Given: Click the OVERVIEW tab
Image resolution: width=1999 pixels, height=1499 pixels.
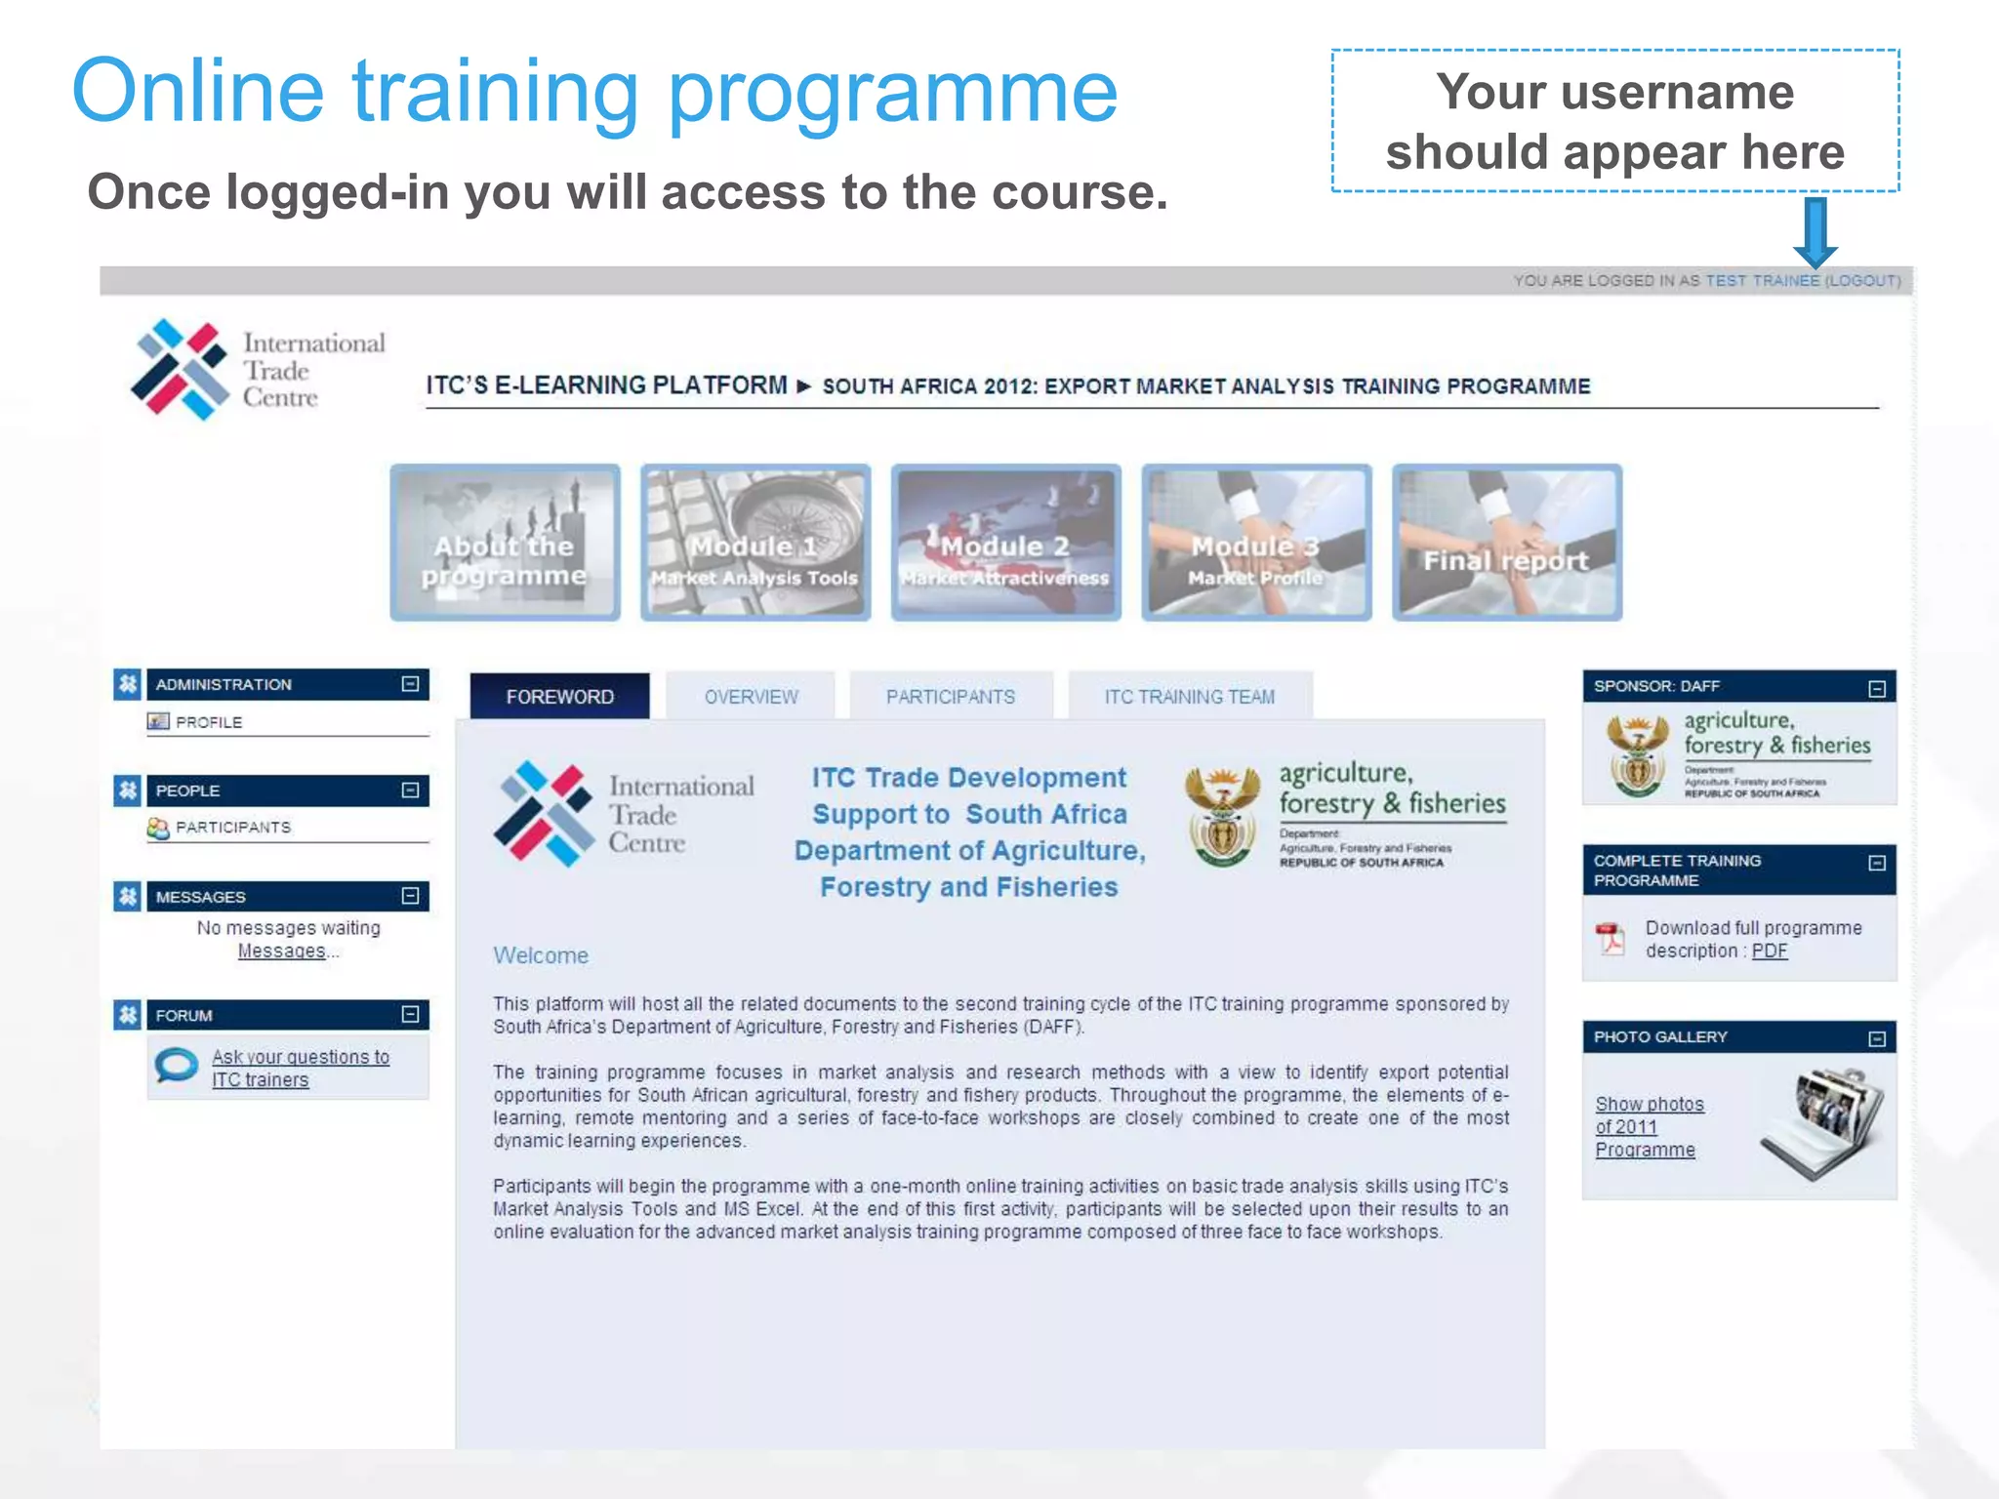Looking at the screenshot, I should point(751,697).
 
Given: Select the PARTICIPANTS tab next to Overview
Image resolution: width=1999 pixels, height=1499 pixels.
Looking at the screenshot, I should point(950,697).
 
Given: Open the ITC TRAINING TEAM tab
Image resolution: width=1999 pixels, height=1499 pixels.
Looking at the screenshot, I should point(1189,697).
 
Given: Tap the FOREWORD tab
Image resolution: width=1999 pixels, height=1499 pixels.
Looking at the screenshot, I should point(559,697).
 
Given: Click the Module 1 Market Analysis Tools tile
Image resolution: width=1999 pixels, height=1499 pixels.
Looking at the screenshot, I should point(755,543).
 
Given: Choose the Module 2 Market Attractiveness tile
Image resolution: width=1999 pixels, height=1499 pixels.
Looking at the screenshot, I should point(1005,543).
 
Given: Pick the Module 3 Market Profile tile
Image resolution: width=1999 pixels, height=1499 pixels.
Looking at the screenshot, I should point(1256,543).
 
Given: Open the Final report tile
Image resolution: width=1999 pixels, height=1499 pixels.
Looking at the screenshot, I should point(1506,543).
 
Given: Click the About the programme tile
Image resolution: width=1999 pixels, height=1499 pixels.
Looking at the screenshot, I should point(505,543).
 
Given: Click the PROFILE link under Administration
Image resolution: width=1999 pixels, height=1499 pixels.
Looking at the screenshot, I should point(209,722).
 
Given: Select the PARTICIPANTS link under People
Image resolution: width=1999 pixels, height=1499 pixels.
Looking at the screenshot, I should point(233,828).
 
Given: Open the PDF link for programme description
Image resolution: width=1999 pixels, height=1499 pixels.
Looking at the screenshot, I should point(1769,952).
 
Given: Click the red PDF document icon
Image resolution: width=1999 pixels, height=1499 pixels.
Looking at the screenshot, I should point(1611,939).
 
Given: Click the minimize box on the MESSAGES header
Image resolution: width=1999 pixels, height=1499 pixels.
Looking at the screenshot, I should point(411,896).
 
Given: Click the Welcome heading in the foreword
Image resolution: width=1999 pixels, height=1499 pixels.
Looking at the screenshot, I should point(541,955).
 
